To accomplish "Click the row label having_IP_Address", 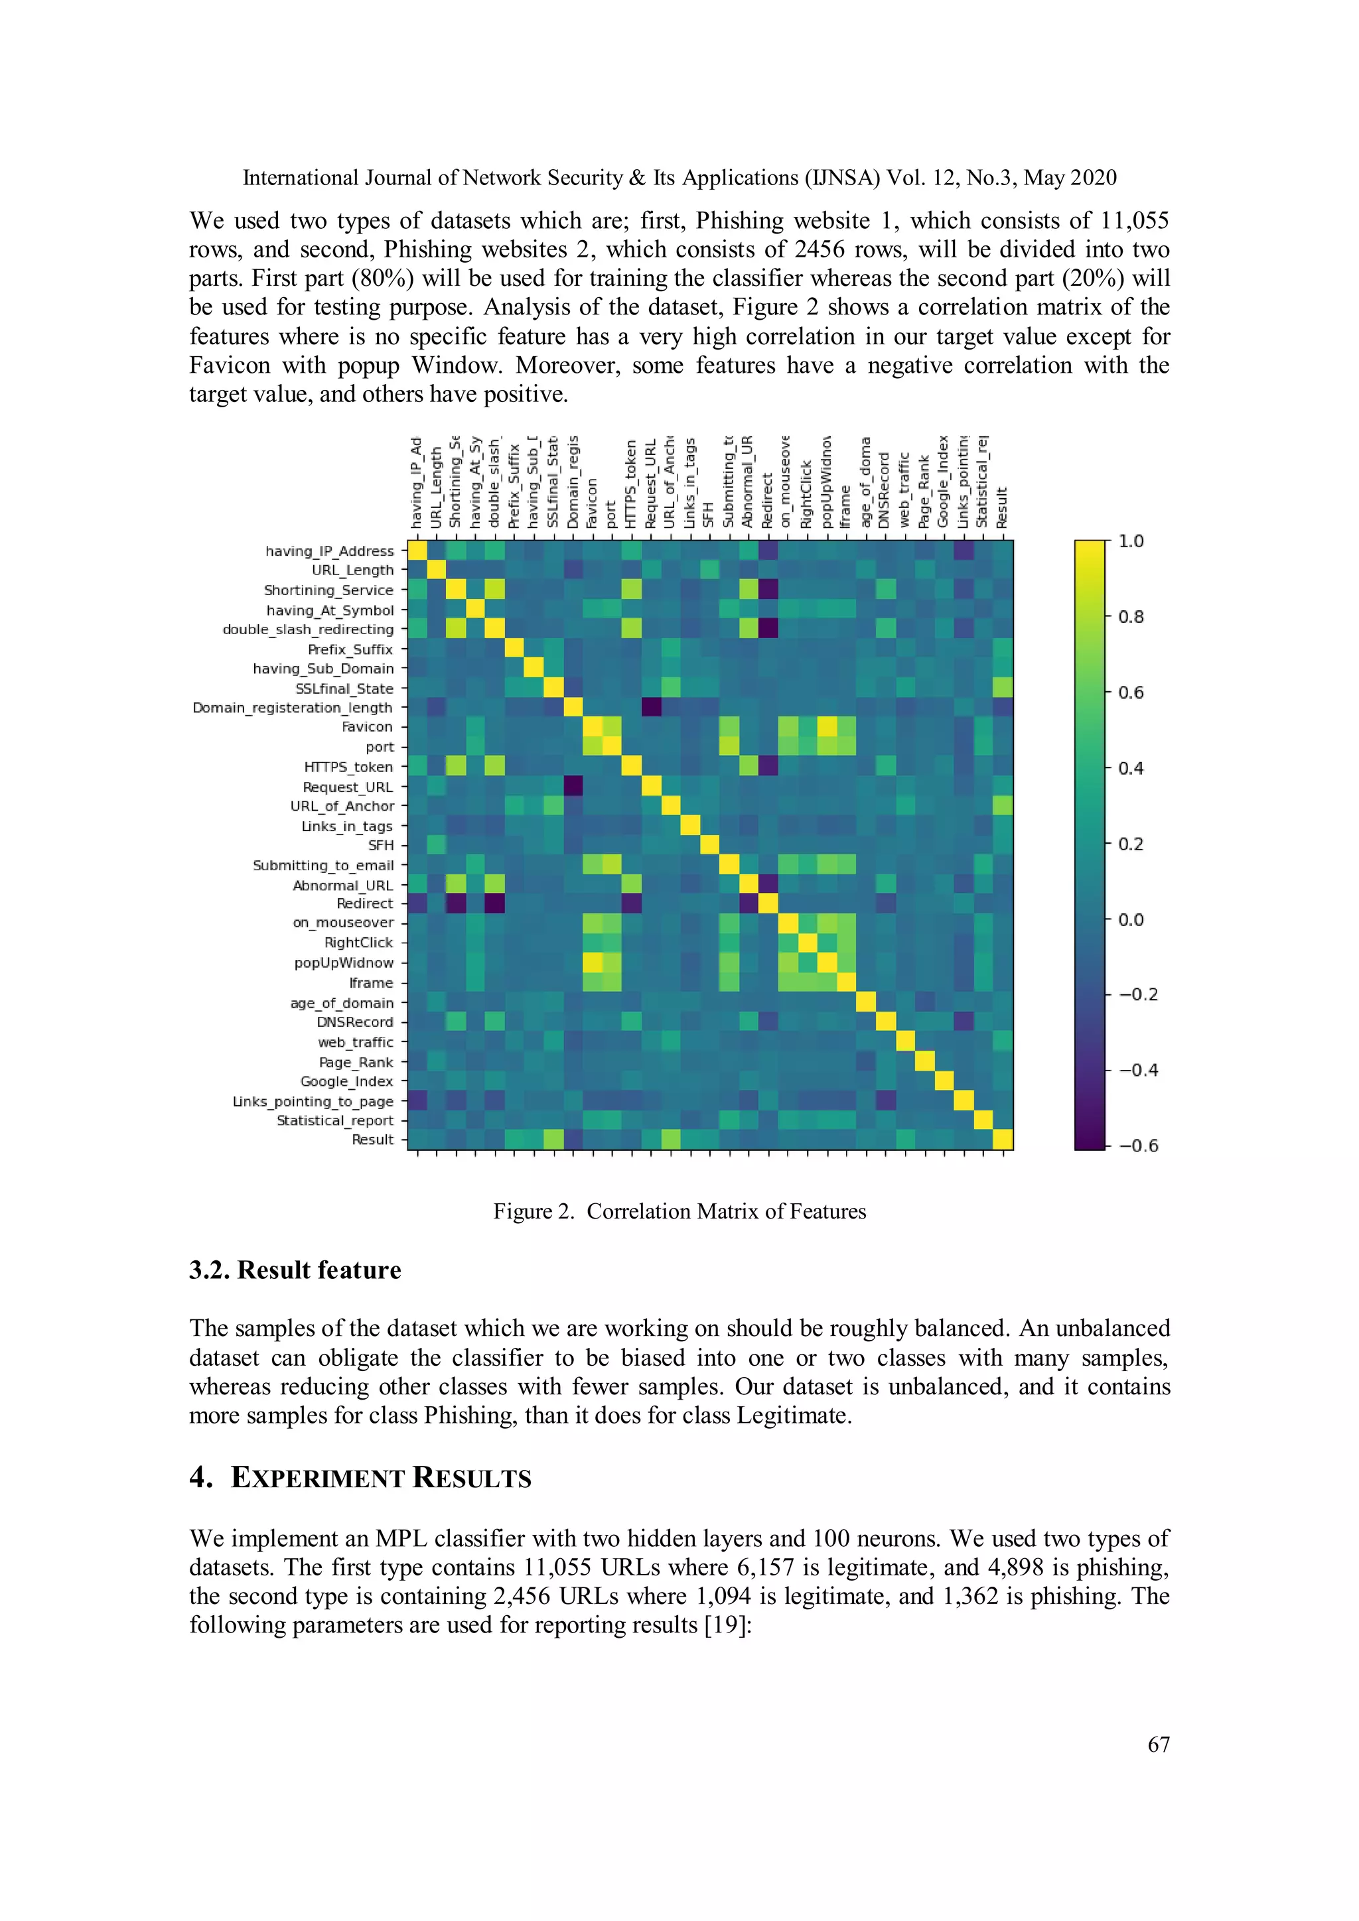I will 329,551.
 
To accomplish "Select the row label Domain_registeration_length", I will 292,707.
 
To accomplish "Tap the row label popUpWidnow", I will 343,962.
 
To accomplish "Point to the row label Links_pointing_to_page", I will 312,1101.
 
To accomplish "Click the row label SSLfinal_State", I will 344,689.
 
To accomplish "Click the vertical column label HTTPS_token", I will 631,484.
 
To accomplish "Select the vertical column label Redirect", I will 766,500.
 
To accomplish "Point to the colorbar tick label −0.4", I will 1138,1070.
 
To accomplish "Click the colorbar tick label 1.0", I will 1131,541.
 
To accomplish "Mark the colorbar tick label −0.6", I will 1138,1146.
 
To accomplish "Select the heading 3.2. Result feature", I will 295,1270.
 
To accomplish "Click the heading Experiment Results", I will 380,1477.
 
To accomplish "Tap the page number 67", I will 1158,1744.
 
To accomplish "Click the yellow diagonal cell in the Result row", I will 1003,1140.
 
